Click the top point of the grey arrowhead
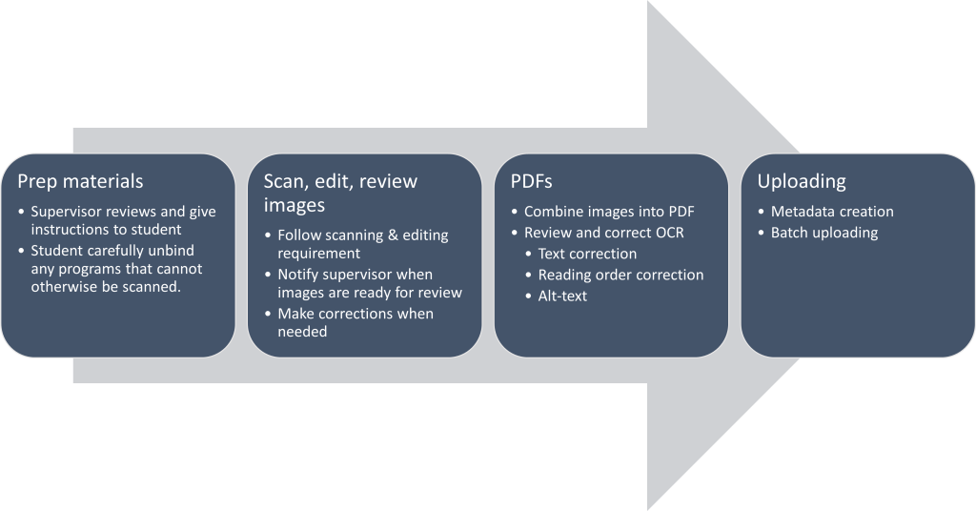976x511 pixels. click(x=647, y=1)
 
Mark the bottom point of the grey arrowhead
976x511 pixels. click(x=647, y=510)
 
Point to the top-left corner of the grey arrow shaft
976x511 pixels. click(x=73, y=128)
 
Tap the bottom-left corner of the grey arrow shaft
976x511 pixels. click(x=73, y=383)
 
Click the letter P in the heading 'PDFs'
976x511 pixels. click(x=515, y=181)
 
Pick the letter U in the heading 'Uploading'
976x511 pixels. click(x=763, y=181)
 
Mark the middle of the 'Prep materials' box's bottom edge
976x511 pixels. click(x=118, y=357)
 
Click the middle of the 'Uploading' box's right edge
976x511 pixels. click(x=974, y=255)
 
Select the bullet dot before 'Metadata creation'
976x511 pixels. click(x=762, y=213)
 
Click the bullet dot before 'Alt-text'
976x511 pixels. click(x=528, y=296)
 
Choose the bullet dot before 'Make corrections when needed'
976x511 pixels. click(x=268, y=314)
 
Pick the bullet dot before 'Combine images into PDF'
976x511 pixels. click(x=514, y=213)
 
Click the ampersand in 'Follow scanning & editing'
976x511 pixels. click(x=393, y=235)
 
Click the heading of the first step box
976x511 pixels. click(x=80, y=181)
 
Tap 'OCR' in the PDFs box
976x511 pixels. click(x=669, y=233)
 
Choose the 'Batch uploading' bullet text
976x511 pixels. click(x=824, y=233)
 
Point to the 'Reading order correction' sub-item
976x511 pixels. click(x=620, y=276)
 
